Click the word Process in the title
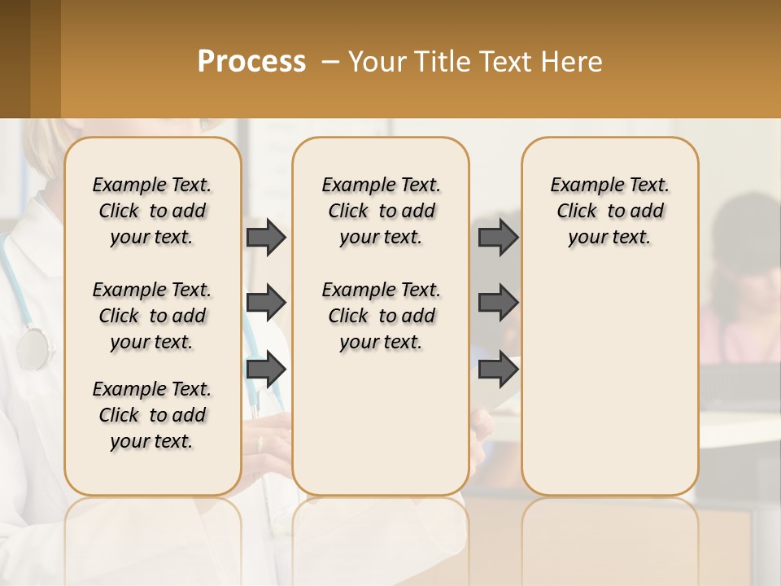tap(251, 61)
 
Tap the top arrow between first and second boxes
tap(266, 237)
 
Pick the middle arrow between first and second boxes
tap(266, 303)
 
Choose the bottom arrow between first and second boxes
tap(266, 369)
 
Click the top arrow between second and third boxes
tap(498, 237)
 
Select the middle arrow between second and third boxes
tap(498, 303)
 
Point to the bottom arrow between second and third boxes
tap(498, 369)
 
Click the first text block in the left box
tap(152, 211)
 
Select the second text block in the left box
tap(152, 316)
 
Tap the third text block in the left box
tap(152, 415)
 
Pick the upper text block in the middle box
tap(382, 211)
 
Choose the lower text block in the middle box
tap(382, 316)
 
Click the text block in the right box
tap(610, 211)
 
